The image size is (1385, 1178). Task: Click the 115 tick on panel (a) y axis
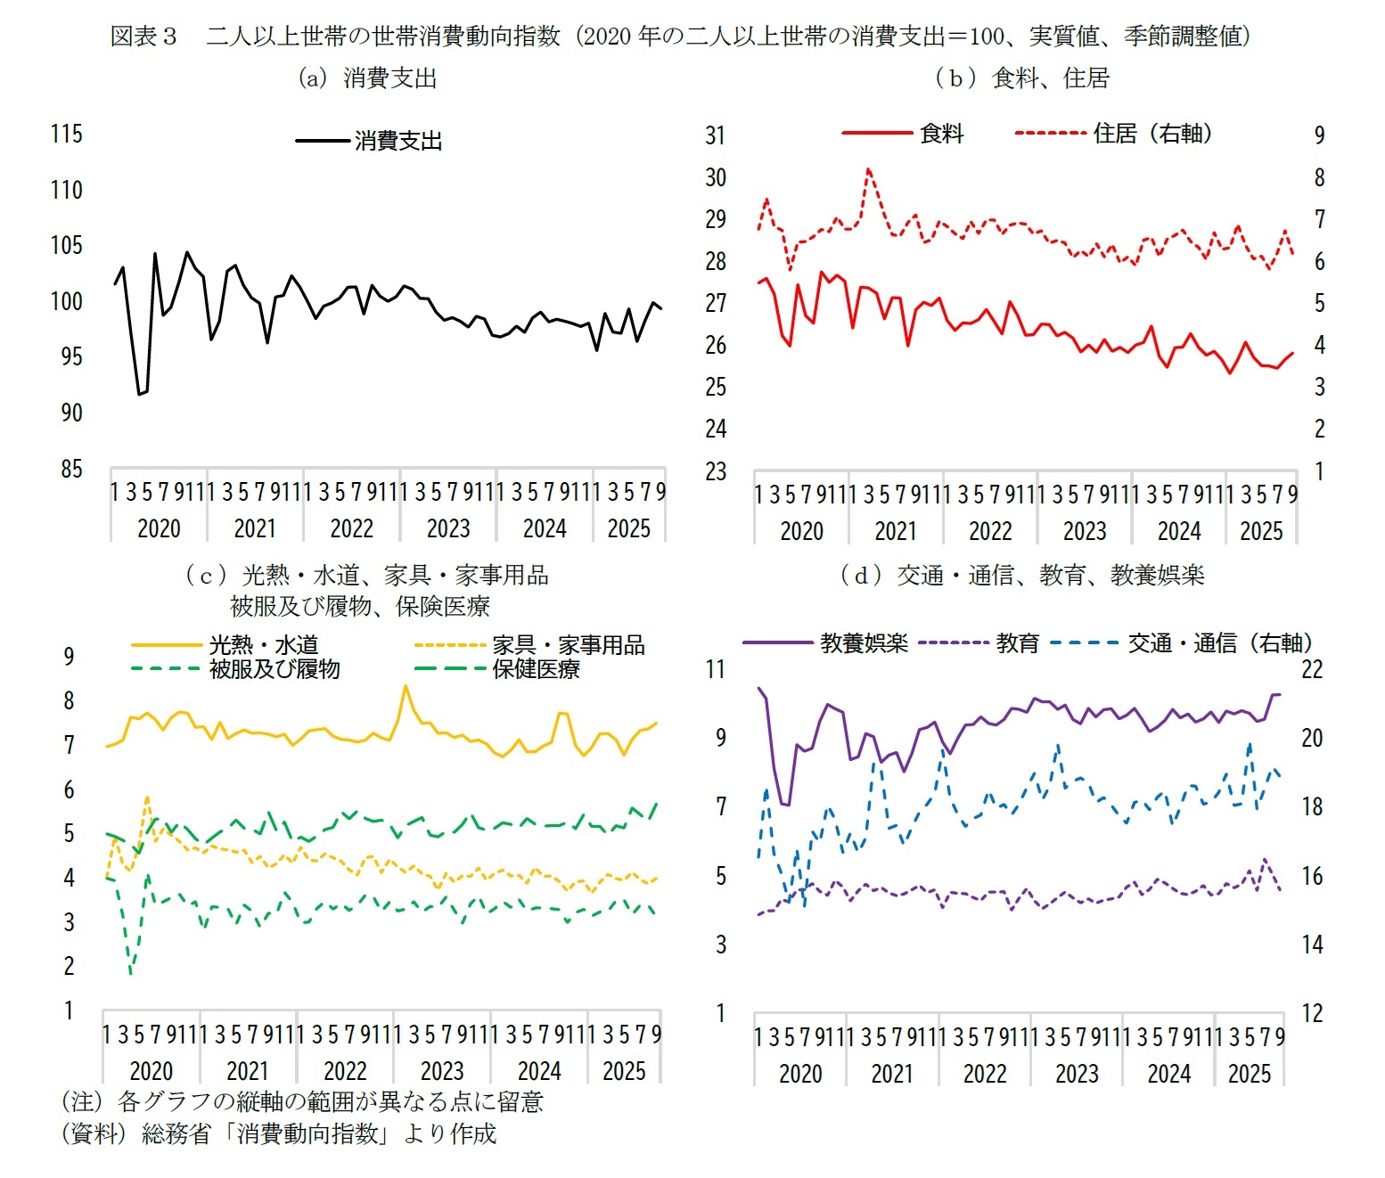coord(66,134)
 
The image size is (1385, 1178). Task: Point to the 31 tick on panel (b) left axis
coord(716,135)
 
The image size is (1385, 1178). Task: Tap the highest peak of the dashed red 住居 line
coord(868,168)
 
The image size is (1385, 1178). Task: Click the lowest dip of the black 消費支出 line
coord(139,394)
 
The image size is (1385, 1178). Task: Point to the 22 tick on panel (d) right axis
coord(1312,669)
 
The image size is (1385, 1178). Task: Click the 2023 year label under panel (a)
coord(448,528)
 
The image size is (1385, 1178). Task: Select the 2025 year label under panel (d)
coord(1249,1074)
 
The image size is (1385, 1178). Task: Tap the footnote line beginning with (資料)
coord(278,1133)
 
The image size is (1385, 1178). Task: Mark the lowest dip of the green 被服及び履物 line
coord(131,973)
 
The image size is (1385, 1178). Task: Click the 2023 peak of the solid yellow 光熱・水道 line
coord(405,686)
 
